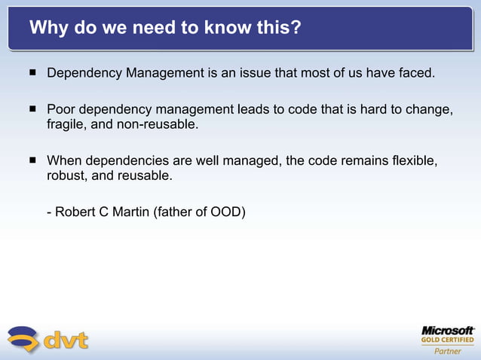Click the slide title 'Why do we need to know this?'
tap(165, 29)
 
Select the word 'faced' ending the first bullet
tap(417, 74)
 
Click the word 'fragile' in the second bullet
tap(65, 124)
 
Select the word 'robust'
tap(66, 175)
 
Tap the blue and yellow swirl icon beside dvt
tap(23, 339)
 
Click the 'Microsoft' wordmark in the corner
tap(447, 331)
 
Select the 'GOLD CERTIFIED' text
tap(447, 340)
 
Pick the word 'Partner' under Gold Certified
tap(447, 351)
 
